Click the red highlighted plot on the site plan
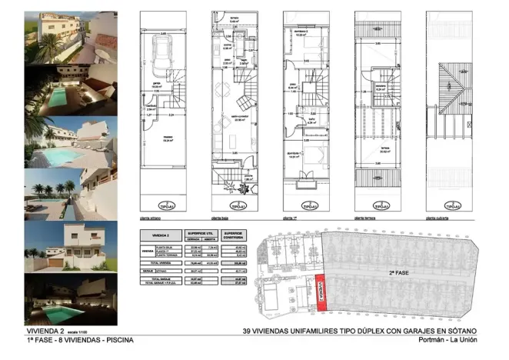(322, 292)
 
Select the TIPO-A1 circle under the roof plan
(453, 206)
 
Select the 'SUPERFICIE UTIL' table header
(199, 235)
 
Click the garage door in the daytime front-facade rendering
(58, 264)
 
